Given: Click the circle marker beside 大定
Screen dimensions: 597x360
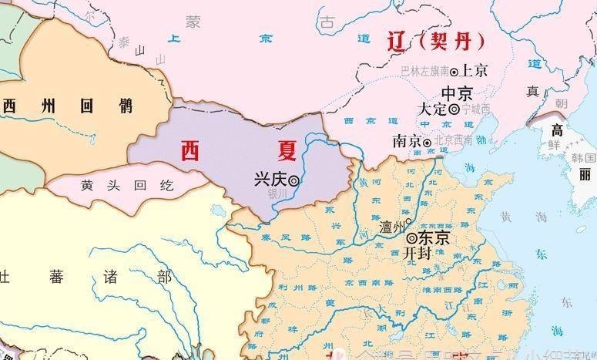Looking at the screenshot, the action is (x=454, y=110).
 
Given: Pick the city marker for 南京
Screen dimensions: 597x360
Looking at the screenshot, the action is (x=427, y=142).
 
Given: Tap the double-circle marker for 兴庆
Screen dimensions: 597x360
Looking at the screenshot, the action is (x=293, y=180).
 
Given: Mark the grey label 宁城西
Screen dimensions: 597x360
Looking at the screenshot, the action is (x=476, y=109).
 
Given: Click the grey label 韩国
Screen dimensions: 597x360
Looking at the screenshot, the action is (x=584, y=157).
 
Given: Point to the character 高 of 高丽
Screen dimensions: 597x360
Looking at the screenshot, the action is (x=556, y=130).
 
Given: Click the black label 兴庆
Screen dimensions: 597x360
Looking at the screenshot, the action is (x=270, y=180).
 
